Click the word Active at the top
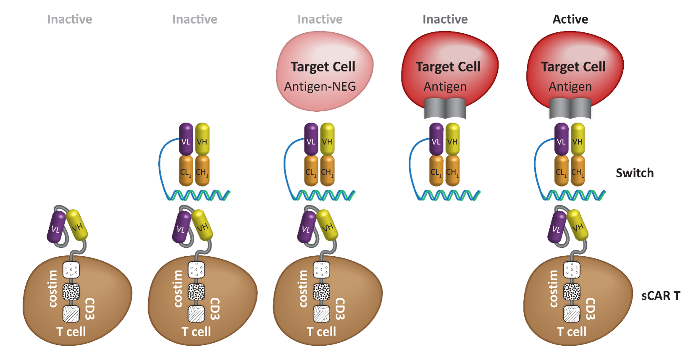click(570, 19)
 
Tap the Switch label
click(635, 173)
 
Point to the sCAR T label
click(660, 296)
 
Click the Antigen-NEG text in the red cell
click(320, 87)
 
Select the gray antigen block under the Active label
click(570, 108)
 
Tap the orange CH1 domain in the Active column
click(577, 171)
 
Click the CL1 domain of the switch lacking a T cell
click(436, 171)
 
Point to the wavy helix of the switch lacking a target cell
click(198, 195)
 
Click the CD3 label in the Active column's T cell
click(590, 308)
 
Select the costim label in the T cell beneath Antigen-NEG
click(303, 289)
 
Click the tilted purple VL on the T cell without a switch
click(56, 228)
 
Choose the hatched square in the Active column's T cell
click(572, 314)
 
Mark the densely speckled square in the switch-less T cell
click(71, 292)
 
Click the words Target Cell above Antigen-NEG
click(323, 67)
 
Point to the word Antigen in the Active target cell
click(570, 87)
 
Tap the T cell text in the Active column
click(572, 332)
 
